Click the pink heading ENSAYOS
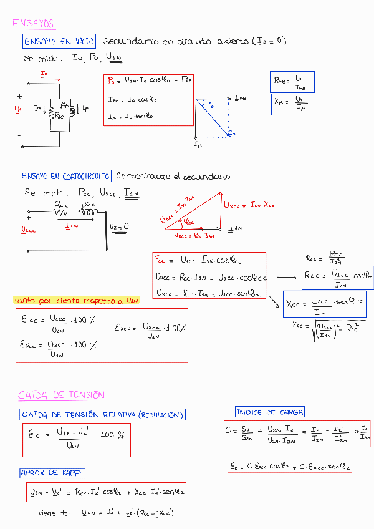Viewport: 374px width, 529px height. tap(33, 24)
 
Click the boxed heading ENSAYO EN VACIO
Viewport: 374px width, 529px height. tap(59, 42)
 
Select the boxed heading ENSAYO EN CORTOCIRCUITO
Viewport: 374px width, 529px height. tap(65, 176)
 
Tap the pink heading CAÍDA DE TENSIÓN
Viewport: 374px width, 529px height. tap(61, 395)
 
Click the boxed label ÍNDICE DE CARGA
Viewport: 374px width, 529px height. tap(270, 412)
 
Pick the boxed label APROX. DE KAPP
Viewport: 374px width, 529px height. tap(52, 473)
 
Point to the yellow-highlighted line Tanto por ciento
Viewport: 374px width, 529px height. tap(76, 301)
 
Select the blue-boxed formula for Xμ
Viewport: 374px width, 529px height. tap(290, 104)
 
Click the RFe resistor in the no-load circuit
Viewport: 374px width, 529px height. tap(56, 115)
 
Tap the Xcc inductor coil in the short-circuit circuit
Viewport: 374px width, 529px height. tap(89, 212)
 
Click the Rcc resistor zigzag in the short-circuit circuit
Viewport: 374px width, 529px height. tap(61, 212)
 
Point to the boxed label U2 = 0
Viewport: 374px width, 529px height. tap(118, 226)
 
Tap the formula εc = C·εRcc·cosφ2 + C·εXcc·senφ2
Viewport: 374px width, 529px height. tap(290, 466)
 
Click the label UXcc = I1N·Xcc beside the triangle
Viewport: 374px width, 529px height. tap(249, 204)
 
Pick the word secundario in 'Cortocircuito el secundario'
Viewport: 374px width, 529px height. tap(206, 177)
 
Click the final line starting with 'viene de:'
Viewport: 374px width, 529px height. tap(106, 513)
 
